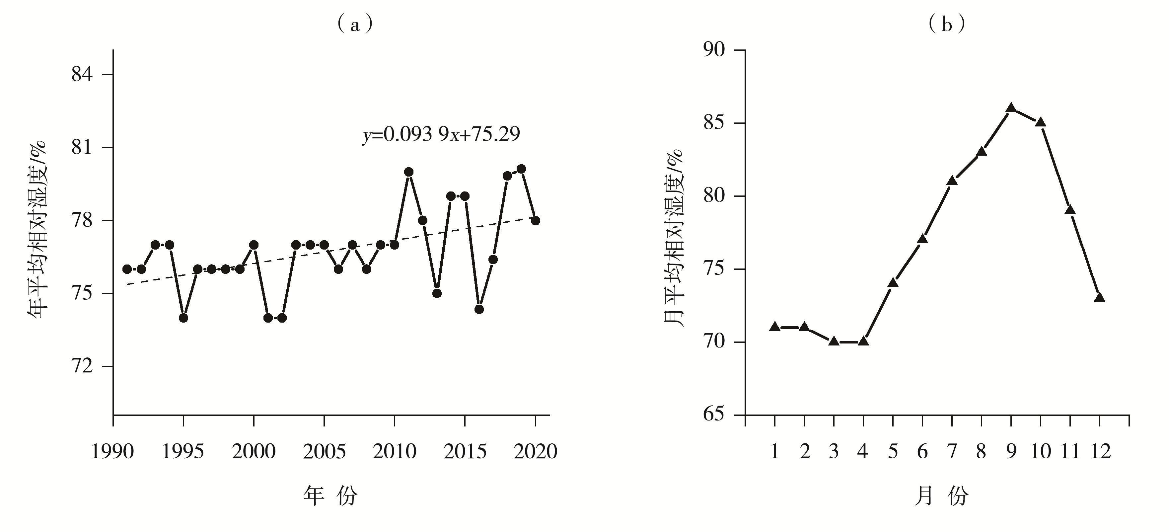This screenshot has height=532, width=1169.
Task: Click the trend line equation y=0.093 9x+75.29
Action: click(x=441, y=134)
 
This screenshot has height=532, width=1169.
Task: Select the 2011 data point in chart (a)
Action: click(x=408, y=172)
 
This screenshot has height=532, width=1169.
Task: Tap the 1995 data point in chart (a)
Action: click(x=183, y=318)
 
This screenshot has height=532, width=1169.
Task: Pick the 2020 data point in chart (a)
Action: click(x=536, y=221)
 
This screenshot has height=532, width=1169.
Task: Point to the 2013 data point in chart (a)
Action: click(x=437, y=293)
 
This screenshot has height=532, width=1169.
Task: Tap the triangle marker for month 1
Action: click(x=775, y=326)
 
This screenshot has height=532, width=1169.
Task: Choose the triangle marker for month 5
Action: click(x=893, y=283)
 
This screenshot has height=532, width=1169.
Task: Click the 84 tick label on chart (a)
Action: click(x=82, y=74)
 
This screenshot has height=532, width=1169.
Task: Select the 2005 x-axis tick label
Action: click(x=324, y=452)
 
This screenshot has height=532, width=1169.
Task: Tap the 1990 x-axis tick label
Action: click(x=112, y=452)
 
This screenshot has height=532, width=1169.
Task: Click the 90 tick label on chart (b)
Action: click(x=714, y=49)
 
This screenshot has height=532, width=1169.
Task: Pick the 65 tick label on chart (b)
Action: click(x=714, y=415)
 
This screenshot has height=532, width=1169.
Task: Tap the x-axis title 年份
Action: click(x=330, y=495)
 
